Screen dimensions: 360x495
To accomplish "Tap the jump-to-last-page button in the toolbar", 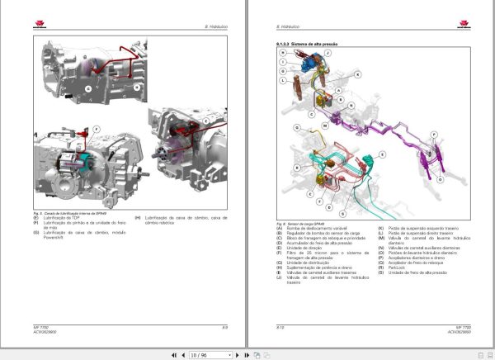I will [245, 355].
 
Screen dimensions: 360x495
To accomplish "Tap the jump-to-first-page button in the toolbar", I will [173, 355].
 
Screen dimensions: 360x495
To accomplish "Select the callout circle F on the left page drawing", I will [96, 130].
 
